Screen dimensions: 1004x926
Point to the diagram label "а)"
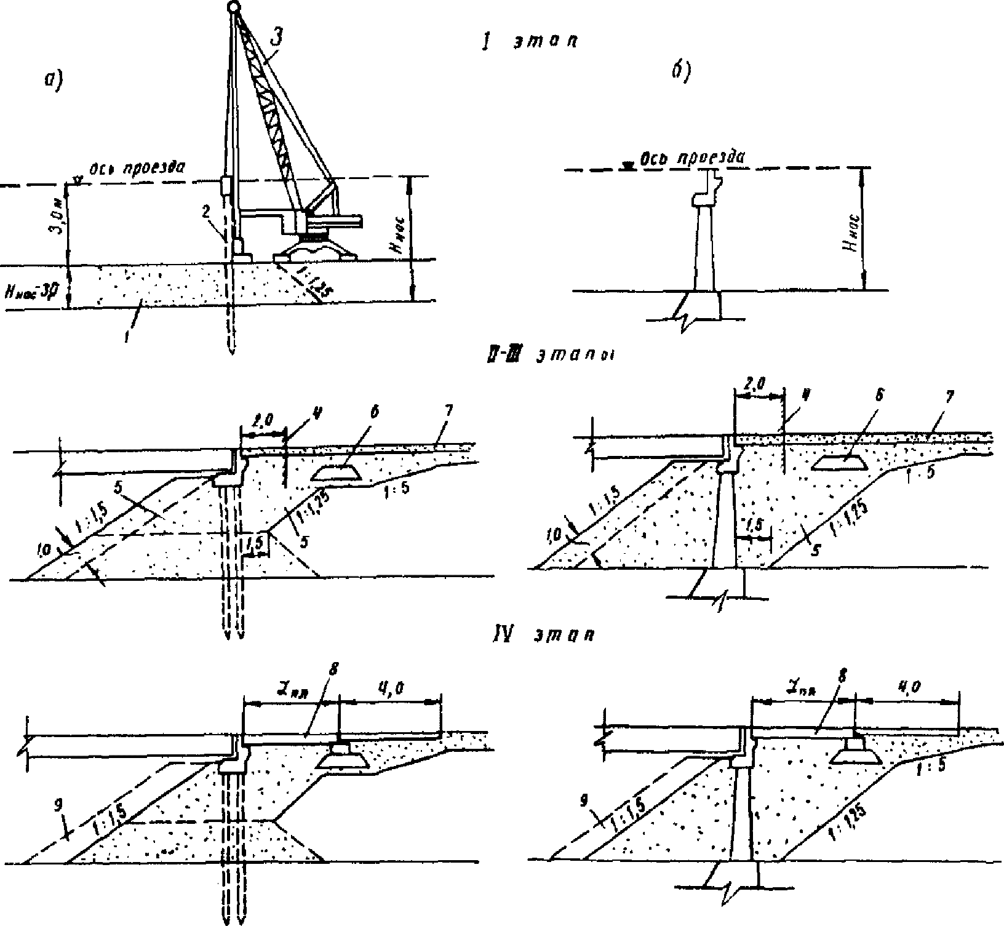coord(55,79)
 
